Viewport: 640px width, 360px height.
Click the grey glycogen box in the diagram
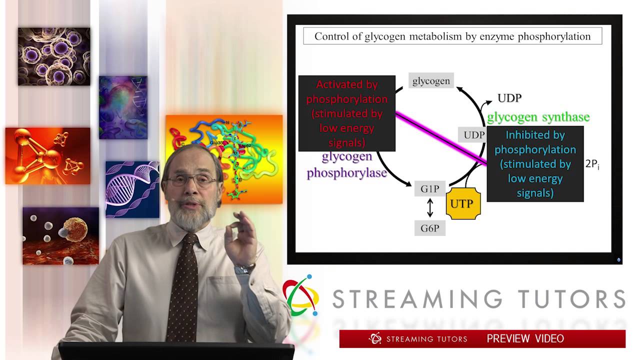point(431,81)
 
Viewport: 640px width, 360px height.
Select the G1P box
point(429,189)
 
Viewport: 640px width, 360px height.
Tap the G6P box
point(429,228)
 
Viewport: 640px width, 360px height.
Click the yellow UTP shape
point(463,203)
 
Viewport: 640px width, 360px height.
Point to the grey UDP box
point(473,135)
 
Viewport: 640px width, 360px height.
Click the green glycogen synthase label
point(538,117)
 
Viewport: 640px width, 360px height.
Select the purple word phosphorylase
point(346,173)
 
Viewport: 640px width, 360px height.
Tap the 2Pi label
point(592,164)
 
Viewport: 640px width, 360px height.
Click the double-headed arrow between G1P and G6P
point(429,208)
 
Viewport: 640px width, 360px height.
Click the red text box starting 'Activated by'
point(347,113)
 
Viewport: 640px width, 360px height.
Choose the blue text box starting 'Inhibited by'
point(535,164)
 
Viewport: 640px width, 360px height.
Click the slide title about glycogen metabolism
point(452,36)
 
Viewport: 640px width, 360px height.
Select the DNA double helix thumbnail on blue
point(132,189)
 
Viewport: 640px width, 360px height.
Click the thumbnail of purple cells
point(54,56)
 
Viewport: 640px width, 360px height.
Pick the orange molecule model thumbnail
point(48,155)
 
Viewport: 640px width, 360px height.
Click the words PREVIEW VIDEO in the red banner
point(525,338)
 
